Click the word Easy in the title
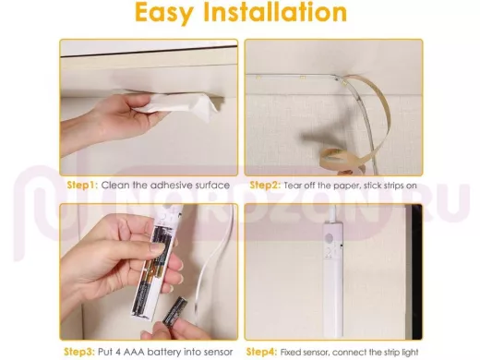tap(164, 13)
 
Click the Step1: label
tap(82, 186)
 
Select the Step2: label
tap(265, 186)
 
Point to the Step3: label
tap(79, 352)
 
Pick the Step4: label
tap(261, 352)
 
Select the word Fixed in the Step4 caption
tap(291, 352)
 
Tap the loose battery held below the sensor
tap(174, 311)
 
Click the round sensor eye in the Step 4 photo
tap(329, 238)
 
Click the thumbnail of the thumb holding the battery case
tap(157, 247)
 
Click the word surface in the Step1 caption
tap(212, 186)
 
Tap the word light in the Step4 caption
tap(411, 352)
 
